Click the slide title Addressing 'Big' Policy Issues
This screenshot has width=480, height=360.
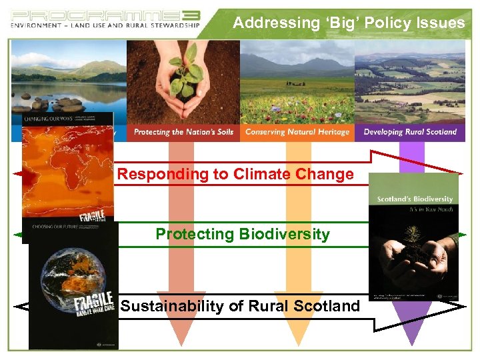(x=349, y=23)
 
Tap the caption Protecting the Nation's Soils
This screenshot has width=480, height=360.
(x=183, y=132)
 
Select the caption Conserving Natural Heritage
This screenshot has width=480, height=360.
(x=297, y=132)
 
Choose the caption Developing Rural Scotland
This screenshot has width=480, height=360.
(x=410, y=132)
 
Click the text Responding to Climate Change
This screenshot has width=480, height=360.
(x=235, y=175)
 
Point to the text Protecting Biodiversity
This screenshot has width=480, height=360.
(x=242, y=234)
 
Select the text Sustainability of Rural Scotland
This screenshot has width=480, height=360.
(x=240, y=307)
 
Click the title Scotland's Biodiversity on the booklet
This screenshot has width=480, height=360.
(x=415, y=199)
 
